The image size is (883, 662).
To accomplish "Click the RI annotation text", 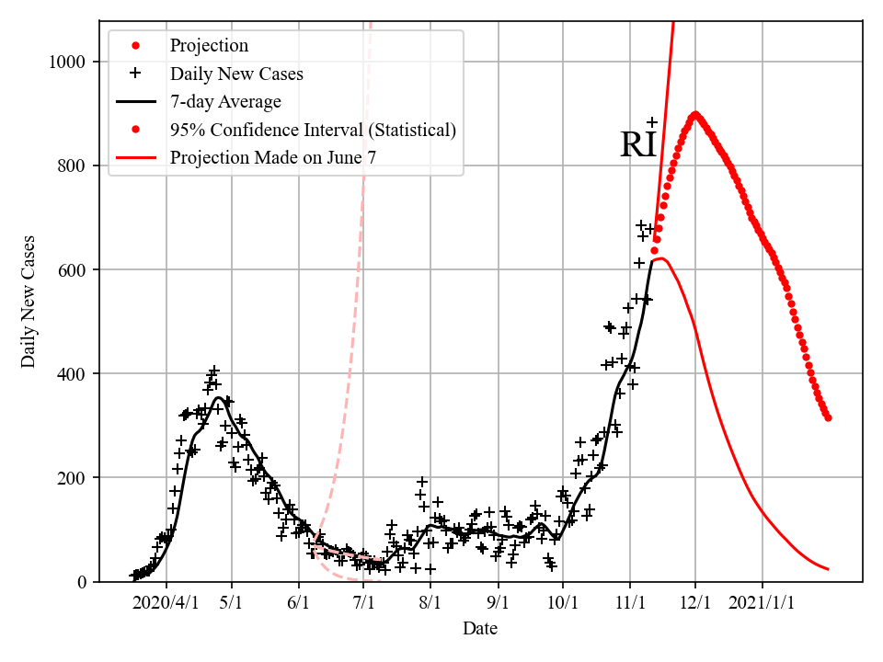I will pyautogui.click(x=638, y=145).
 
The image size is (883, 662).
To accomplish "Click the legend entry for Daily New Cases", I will pyautogui.click(x=236, y=74).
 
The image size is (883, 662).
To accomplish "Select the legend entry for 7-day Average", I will pyautogui.click(x=225, y=101).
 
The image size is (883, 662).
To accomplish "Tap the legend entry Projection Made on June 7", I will pyautogui.click(x=273, y=158).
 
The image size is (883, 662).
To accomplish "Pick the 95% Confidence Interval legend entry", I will pyautogui.click(x=313, y=130).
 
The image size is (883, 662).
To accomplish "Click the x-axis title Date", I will pyautogui.click(x=480, y=629).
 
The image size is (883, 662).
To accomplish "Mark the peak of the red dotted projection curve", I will pyautogui.click(x=694, y=115).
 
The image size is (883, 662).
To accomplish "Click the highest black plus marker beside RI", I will pyautogui.click(x=652, y=122).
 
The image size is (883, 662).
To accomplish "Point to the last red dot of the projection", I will pyautogui.click(x=829, y=418).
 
